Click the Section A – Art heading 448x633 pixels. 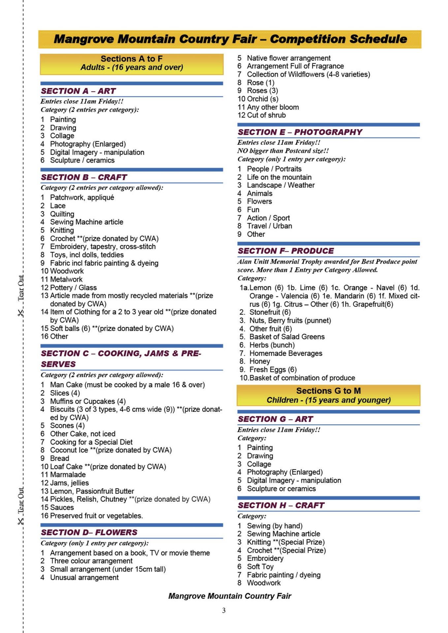[78, 91]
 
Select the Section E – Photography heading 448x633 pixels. [300, 132]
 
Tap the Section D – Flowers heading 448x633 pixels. [89, 532]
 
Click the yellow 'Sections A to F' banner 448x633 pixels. [132, 63]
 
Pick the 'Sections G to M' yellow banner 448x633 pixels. [328, 395]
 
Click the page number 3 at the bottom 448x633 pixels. [224, 610]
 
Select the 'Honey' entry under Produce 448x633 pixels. [260, 361]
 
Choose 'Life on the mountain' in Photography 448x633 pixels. [279, 177]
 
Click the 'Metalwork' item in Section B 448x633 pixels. [66, 279]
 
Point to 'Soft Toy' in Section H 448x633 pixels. [260, 566]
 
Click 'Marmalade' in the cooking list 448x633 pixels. [68, 474]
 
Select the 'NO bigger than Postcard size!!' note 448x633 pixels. [283, 151]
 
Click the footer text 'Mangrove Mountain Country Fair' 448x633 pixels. [230, 596]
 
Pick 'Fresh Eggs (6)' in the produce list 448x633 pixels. [273, 370]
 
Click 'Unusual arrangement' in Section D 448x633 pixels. [84, 577]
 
